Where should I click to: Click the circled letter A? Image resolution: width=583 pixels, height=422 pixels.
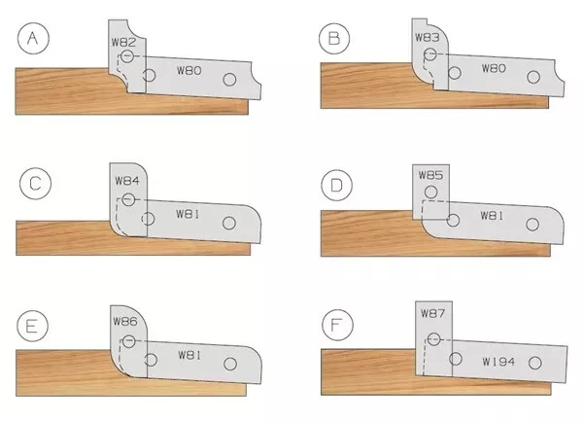[x=33, y=38]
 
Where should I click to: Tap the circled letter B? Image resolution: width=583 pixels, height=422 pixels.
[x=334, y=38]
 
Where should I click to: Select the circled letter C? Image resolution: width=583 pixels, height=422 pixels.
[x=35, y=184]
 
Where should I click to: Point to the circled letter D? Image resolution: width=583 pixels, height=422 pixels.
[x=336, y=185]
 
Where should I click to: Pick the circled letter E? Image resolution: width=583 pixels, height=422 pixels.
[x=32, y=327]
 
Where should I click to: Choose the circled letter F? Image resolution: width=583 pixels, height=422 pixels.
[x=337, y=325]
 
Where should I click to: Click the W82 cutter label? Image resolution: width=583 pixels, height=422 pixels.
[x=123, y=42]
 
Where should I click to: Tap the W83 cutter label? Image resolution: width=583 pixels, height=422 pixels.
[x=428, y=37]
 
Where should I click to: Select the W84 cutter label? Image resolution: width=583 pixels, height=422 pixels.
[x=127, y=181]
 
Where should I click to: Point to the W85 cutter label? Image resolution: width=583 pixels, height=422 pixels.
[x=430, y=175]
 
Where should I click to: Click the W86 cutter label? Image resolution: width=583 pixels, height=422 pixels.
[x=125, y=321]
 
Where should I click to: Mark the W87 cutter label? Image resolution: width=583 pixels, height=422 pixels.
[x=432, y=313]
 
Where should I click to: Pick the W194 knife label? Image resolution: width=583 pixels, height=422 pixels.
[x=498, y=362]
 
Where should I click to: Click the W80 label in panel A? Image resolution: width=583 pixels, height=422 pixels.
[x=189, y=70]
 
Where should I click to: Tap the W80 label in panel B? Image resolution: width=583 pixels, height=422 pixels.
[x=495, y=68]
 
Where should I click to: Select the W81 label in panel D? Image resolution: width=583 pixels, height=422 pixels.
[x=492, y=216]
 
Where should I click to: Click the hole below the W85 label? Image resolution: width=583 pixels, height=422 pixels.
[x=430, y=193]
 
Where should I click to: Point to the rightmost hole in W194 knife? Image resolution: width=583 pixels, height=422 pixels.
[x=535, y=363]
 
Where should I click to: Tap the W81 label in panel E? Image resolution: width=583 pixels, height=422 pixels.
[x=190, y=355]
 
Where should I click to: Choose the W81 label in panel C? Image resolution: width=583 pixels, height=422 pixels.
[x=188, y=214]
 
